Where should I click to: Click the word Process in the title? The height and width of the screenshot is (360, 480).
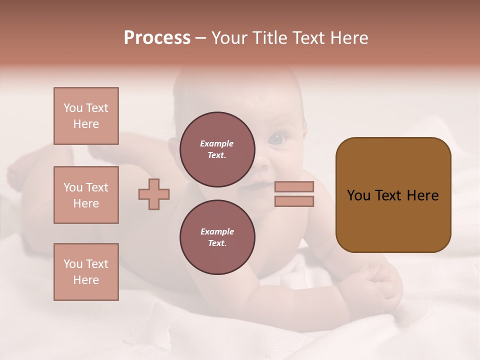[x=157, y=37]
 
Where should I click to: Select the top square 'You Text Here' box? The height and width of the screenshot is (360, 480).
[x=86, y=116]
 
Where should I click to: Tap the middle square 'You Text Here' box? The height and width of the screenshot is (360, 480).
[x=86, y=195]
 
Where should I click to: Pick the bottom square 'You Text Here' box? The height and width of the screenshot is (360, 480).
[x=86, y=272]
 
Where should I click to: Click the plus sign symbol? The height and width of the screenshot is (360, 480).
[x=154, y=194]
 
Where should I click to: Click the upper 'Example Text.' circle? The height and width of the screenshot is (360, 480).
[x=217, y=149]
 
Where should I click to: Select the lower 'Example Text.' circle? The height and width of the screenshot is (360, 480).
[x=217, y=237]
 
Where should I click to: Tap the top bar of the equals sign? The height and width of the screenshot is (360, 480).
[x=294, y=186]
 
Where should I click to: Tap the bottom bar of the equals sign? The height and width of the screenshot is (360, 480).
[x=294, y=201]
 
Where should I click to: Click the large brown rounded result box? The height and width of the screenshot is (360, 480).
[x=393, y=194]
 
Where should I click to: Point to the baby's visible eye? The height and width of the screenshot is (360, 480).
[x=276, y=138]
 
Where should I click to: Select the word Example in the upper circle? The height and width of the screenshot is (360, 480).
[x=217, y=143]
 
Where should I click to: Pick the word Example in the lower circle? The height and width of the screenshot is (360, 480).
[x=217, y=231]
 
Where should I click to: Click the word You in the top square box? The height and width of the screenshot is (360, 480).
[x=72, y=108]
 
